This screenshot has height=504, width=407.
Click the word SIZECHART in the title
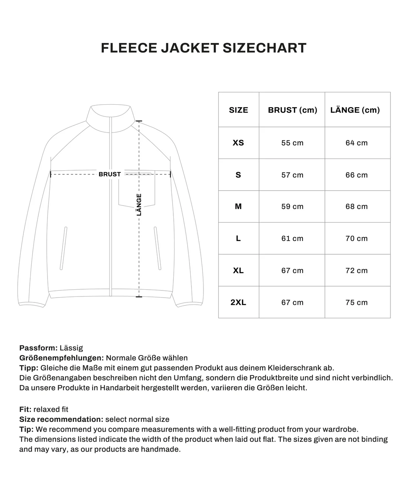[264, 48]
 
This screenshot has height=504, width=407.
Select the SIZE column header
[239, 110]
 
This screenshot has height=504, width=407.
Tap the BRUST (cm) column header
[292, 110]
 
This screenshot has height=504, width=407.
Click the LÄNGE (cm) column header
[355, 110]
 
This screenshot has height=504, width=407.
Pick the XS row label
[239, 143]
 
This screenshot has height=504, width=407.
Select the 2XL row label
[239, 302]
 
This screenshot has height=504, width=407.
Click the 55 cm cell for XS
[292, 143]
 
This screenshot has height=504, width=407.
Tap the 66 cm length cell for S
[357, 175]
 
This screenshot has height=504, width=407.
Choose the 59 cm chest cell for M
[292, 206]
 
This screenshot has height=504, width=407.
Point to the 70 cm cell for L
[357, 238]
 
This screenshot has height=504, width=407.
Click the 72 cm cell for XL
[357, 270]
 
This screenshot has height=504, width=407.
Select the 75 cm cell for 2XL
[357, 302]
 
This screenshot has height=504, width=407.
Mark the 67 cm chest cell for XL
[292, 270]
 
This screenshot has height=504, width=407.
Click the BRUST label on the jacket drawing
[110, 174]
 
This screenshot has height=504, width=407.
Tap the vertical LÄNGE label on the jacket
[139, 205]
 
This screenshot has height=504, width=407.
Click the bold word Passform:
[38, 348]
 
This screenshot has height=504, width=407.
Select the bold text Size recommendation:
[61, 419]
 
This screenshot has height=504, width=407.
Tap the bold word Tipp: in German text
[29, 368]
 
